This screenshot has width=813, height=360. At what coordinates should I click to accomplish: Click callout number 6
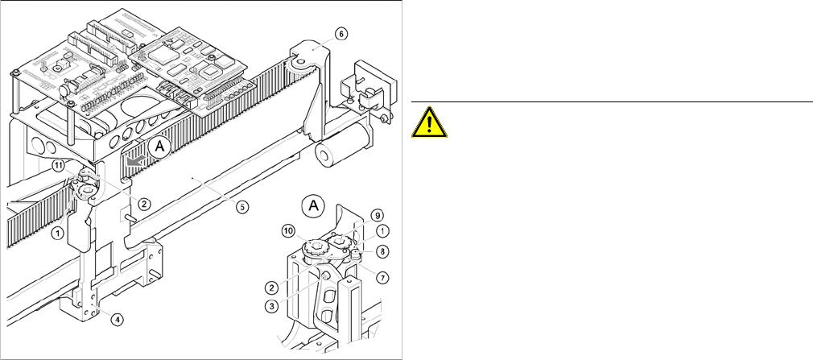pos(340,34)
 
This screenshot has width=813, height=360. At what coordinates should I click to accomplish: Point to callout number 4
pos(117,319)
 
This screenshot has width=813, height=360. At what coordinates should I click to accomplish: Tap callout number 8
pos(382,250)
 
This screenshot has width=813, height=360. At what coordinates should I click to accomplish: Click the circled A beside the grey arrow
pos(159,147)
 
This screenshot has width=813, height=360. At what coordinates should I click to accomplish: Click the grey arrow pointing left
pos(134,160)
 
